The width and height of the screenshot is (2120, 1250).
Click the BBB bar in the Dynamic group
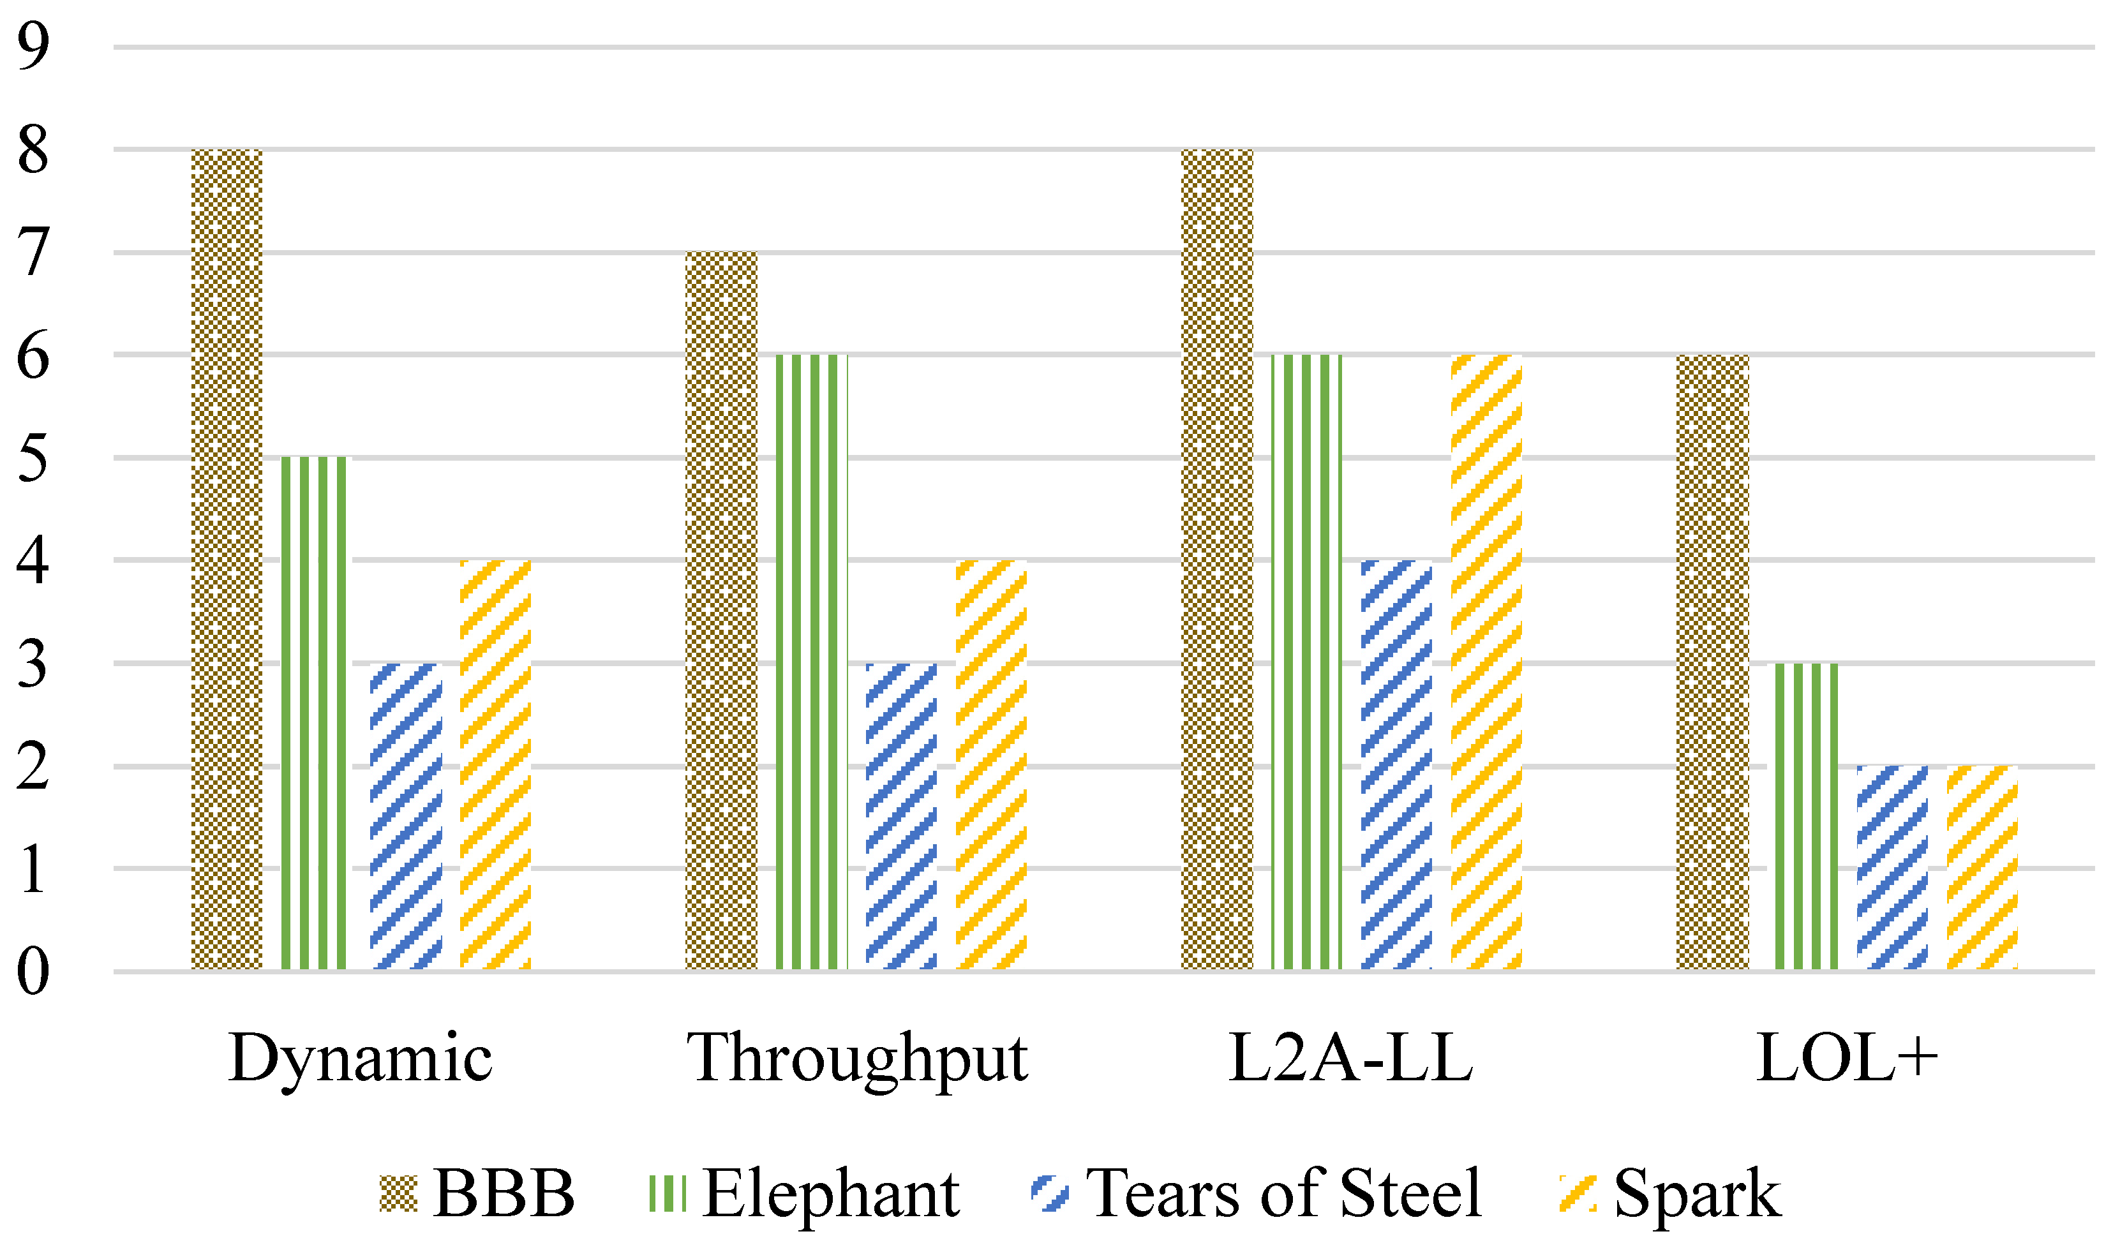point(227,560)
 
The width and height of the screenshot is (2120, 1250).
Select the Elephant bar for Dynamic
point(313,713)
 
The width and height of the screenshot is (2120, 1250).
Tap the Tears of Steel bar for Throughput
point(900,816)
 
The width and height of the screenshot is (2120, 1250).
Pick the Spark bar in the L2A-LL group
point(1486,662)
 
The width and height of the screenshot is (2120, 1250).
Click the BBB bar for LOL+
point(1712,662)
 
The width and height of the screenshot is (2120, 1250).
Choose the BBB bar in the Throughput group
point(721,611)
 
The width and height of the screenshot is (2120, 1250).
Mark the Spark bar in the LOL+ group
point(1982,868)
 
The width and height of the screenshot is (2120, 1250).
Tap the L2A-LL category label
point(1351,1058)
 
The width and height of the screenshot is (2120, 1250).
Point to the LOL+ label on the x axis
point(1847,1058)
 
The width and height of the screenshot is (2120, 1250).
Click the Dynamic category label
point(360,1058)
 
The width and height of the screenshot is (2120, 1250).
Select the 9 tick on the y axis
point(33,47)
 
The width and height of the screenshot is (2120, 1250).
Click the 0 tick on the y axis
point(33,971)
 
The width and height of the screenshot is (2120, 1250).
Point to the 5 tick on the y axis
point(33,458)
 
